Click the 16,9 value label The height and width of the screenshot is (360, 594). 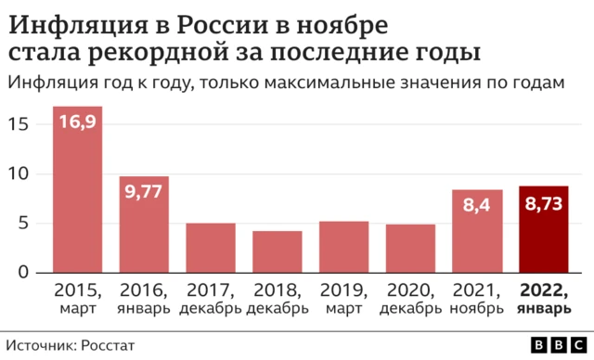pyautogui.click(x=77, y=122)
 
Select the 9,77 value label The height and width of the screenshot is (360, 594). pyautogui.click(x=144, y=193)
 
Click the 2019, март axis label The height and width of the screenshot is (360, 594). pyautogui.click(x=344, y=297)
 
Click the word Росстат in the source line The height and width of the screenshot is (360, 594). pyautogui.click(x=107, y=344)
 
